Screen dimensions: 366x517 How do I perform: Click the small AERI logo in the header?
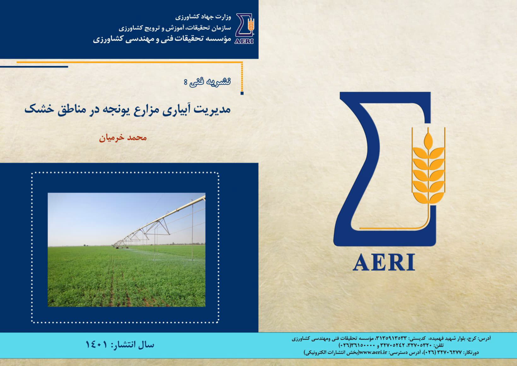click(x=245, y=29)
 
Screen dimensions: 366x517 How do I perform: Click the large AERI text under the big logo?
click(x=384, y=262)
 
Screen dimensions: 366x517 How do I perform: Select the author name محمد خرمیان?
click(x=123, y=138)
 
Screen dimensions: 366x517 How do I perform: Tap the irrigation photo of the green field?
click(x=126, y=250)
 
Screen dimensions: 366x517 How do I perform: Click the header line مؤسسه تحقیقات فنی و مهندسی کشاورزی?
click(x=162, y=39)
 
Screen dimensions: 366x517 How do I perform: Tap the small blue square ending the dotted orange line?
click(x=242, y=93)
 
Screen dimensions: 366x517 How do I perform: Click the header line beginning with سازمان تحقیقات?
click(x=175, y=28)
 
